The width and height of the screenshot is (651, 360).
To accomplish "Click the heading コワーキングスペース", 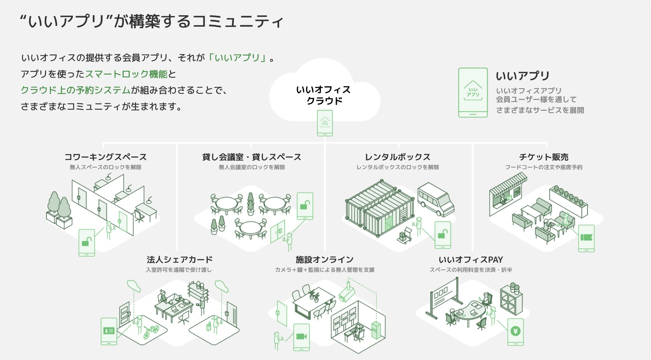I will [105, 157].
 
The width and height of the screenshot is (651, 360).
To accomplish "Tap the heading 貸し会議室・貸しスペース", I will [251, 157].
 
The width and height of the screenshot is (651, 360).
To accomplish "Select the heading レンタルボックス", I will [398, 157].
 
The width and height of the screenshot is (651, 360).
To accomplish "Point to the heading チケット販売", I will [544, 157].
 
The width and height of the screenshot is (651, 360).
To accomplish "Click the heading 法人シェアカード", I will [180, 260].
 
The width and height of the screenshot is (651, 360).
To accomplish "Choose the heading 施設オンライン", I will [324, 260].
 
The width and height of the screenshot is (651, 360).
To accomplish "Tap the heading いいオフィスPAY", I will [471, 260].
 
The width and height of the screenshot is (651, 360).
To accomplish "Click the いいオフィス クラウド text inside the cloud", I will [323, 95].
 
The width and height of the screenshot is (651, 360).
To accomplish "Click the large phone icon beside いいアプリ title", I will [473, 92].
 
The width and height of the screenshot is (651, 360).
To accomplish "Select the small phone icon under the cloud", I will [325, 123].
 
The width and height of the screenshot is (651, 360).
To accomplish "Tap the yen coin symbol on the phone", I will [515, 331].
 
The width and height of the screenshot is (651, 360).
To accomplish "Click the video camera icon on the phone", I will [301, 336].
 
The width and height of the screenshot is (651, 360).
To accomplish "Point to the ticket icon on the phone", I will [586, 238].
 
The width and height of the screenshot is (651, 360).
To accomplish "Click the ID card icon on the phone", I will [109, 331].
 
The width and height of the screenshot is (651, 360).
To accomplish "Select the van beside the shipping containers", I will [435, 199].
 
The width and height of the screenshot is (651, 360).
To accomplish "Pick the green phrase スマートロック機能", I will [126, 74].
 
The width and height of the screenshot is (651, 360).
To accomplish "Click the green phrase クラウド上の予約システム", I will [75, 90].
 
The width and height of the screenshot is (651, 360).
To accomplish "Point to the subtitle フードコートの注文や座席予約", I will [544, 167].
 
